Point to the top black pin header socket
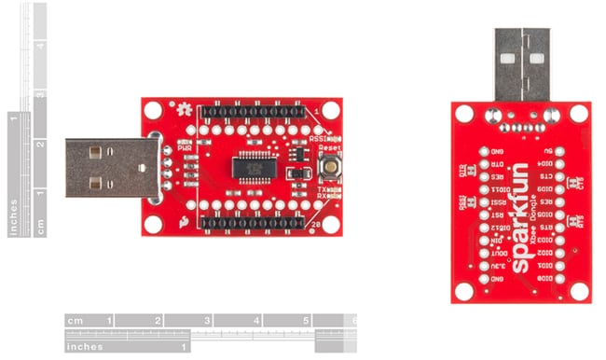pyautogui.click(x=257, y=112)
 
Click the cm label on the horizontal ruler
pyautogui.click(x=76, y=321)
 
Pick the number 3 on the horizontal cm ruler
pyautogui.click(x=206, y=321)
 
